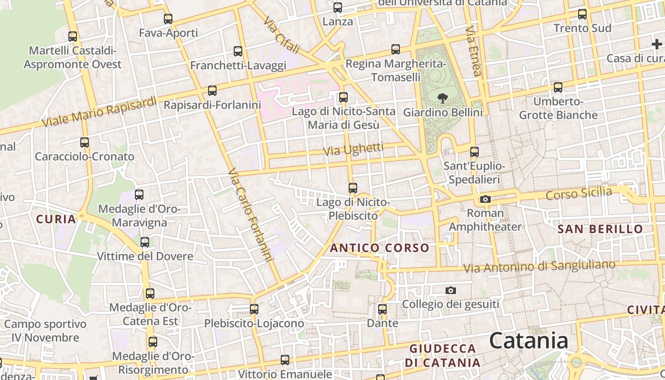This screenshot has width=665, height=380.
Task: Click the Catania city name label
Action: coord(528,341)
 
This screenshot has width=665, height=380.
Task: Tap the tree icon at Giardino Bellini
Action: coord(443,98)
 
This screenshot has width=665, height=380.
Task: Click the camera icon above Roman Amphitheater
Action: coord(485,199)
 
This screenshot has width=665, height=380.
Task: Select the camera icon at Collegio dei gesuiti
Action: coord(450,290)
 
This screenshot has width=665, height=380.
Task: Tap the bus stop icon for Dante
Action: coord(382,309)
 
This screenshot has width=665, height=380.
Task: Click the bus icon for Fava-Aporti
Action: coord(168,19)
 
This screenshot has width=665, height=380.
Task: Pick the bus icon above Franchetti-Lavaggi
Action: coord(238,51)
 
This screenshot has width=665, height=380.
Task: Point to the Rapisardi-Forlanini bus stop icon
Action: coord(212,90)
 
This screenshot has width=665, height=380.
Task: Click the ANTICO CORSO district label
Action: coord(380,248)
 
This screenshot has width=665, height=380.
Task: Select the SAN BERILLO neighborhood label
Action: coord(600,229)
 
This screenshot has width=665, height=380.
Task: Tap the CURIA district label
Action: coord(56,219)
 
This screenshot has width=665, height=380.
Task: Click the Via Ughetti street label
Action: coord(353,150)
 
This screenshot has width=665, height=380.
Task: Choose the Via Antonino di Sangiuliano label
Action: coord(539,266)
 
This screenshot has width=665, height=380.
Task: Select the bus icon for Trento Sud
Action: coord(582,14)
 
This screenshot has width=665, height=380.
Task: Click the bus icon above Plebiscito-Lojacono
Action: coord(254,309)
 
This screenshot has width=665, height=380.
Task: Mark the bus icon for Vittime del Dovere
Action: coord(145,242)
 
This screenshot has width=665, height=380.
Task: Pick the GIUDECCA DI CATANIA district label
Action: coord(442,355)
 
